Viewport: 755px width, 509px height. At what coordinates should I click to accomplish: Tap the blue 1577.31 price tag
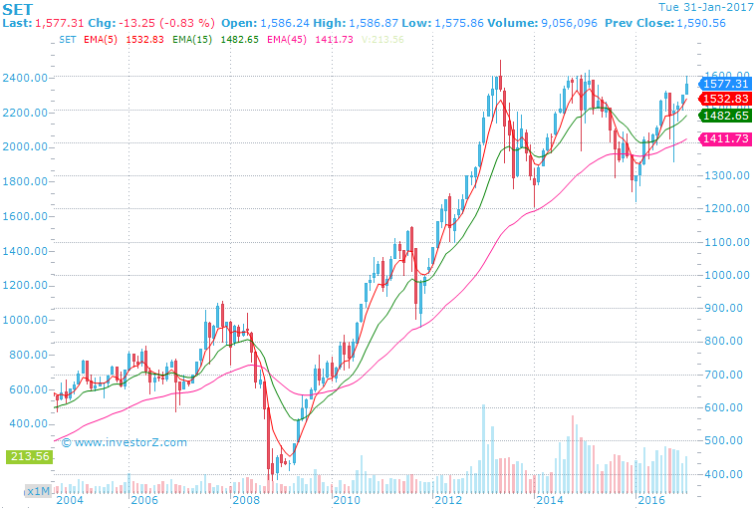point(724,85)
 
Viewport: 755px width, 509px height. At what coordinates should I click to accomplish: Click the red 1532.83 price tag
point(724,99)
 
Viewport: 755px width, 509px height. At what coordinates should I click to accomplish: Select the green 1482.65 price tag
point(724,116)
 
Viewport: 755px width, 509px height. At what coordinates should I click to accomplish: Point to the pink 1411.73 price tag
point(724,139)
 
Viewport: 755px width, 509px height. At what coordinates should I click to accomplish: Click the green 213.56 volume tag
point(29,456)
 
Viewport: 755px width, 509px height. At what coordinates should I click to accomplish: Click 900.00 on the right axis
point(723,308)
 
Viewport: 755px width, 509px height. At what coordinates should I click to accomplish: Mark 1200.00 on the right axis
point(723,208)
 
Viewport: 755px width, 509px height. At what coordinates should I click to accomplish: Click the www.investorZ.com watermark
point(125,441)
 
